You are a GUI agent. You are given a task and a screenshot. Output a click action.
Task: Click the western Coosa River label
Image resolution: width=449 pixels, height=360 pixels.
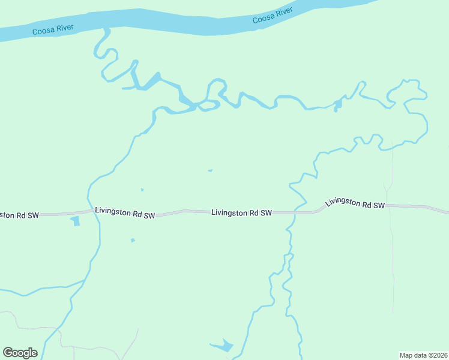click(x=53, y=29)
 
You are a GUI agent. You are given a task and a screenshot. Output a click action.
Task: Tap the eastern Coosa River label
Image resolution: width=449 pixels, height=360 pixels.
click(x=273, y=16)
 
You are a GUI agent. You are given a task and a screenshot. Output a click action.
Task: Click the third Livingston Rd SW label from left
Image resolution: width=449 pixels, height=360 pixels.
click(x=241, y=213)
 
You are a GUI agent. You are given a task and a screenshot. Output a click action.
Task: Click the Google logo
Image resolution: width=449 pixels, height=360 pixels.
click(x=20, y=353)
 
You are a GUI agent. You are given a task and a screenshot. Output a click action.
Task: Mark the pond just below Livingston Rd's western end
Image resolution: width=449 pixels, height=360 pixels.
click(x=75, y=221)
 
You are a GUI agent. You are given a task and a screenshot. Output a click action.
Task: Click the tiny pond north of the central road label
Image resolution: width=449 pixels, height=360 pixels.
click(x=210, y=170)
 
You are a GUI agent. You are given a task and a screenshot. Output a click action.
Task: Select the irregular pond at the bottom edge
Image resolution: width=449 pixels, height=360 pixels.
click(x=222, y=346)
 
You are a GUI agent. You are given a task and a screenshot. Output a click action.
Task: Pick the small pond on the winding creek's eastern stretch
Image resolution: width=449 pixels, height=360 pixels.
click(x=338, y=106)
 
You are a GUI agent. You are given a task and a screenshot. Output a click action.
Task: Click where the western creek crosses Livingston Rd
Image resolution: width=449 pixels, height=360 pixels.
click(x=89, y=211)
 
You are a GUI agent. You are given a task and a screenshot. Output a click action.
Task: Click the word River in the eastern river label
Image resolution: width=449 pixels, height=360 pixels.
click(x=283, y=13)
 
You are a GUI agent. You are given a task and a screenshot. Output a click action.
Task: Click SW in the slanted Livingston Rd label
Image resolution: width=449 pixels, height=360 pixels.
click(x=378, y=206)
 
